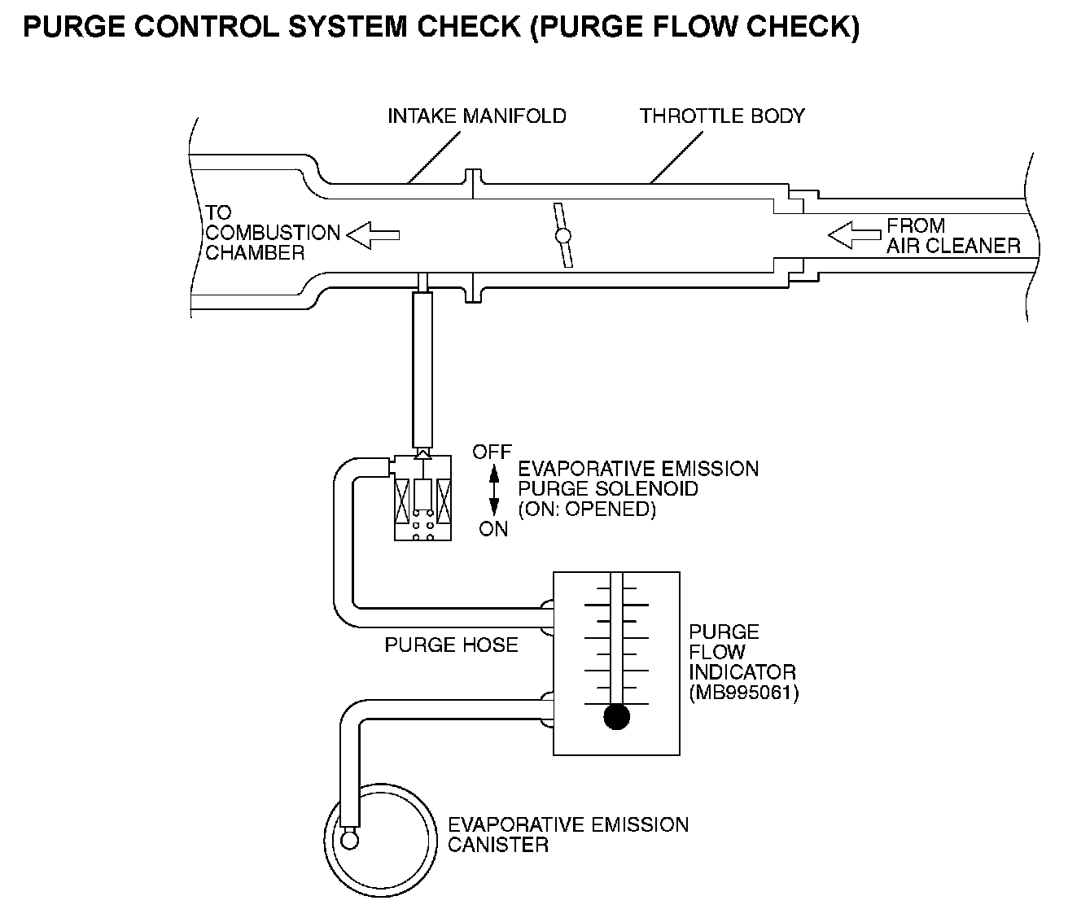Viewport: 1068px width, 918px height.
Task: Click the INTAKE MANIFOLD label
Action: (476, 116)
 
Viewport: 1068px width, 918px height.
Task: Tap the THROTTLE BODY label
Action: (721, 116)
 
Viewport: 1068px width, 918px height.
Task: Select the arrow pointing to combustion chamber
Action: (373, 235)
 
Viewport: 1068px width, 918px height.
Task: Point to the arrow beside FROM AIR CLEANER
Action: (854, 235)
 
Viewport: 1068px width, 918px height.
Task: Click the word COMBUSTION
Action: (273, 233)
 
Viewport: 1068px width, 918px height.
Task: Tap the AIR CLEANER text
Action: (953, 246)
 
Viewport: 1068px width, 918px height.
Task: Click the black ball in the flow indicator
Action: (617, 716)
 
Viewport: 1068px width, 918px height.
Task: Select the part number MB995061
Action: (743, 693)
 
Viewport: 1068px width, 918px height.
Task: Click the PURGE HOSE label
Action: (451, 645)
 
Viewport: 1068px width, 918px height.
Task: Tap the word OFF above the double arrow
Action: (492, 452)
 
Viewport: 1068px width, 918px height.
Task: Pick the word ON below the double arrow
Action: (493, 529)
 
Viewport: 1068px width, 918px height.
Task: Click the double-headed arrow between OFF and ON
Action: (493, 490)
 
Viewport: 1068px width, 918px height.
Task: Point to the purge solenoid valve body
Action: (422, 498)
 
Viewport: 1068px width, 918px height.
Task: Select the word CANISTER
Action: (498, 845)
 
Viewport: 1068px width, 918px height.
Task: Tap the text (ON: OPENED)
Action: (587, 509)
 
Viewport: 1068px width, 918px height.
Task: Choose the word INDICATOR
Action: (742, 672)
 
